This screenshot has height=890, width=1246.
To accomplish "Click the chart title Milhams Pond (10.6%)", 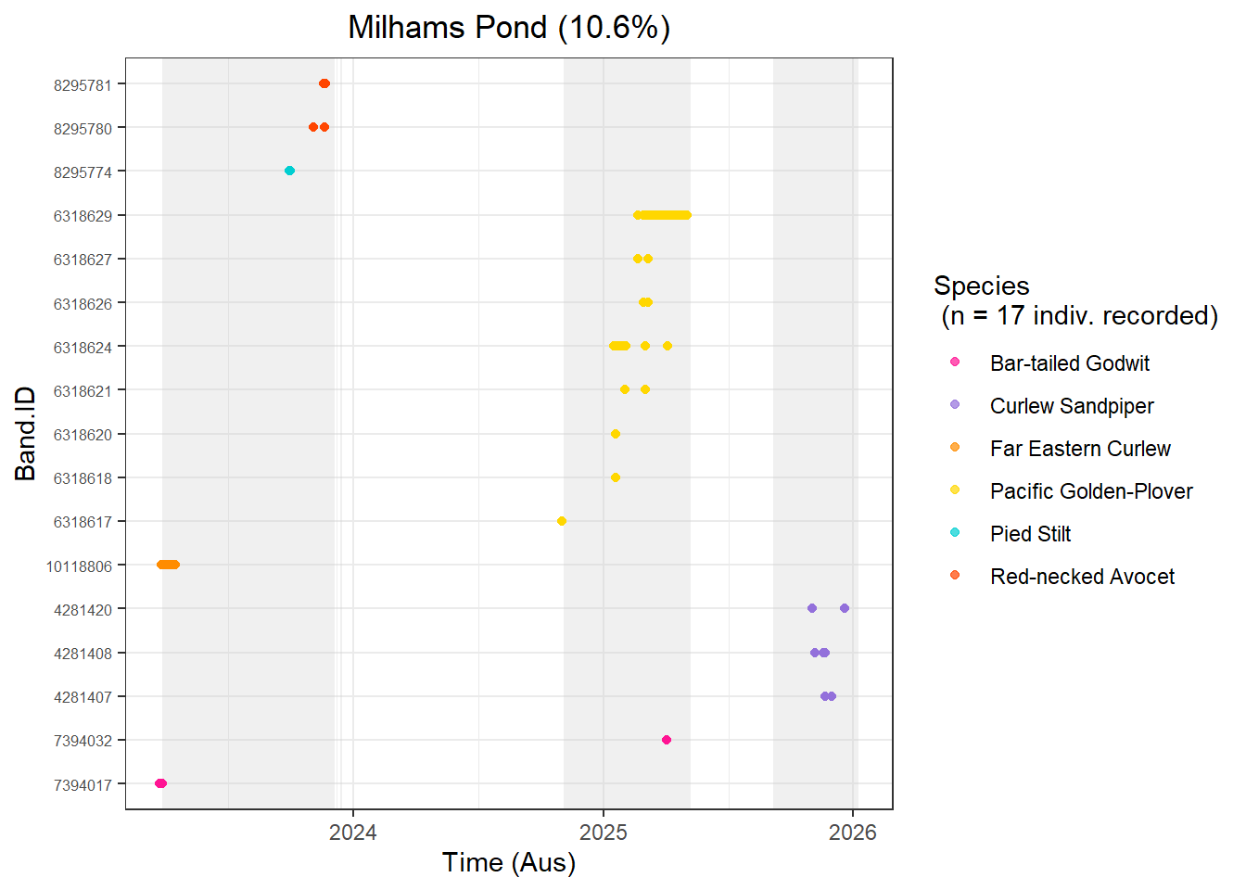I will (509, 28).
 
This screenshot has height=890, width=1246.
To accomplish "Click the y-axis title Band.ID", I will (25, 434).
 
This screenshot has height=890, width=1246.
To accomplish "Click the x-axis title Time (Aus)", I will (509, 862).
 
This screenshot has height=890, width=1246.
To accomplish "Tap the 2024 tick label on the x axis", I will (353, 833).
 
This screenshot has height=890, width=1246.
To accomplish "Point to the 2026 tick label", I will (853, 833).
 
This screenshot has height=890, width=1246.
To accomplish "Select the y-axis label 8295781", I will (83, 85).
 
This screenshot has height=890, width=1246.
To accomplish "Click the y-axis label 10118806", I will (80, 566).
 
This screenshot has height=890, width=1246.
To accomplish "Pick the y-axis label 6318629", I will (83, 216).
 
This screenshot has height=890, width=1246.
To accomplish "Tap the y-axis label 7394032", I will (83, 741).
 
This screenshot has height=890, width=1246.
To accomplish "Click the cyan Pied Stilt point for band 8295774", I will (289, 171).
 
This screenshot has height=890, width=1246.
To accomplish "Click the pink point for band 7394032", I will (667, 740).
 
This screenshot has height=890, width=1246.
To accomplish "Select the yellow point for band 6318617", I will (562, 521).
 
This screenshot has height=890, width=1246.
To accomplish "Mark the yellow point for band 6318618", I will (616, 477).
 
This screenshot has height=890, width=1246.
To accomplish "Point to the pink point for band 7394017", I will (160, 783).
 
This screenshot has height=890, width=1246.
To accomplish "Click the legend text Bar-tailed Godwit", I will (1069, 363).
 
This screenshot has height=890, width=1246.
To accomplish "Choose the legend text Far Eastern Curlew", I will (1080, 449).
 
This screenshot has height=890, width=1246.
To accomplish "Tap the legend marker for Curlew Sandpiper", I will (955, 404).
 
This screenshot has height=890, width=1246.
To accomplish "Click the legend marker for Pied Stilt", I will (955, 532).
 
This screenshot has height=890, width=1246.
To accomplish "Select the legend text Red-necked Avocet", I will (1082, 577).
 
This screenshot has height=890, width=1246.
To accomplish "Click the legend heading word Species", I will (981, 286).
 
